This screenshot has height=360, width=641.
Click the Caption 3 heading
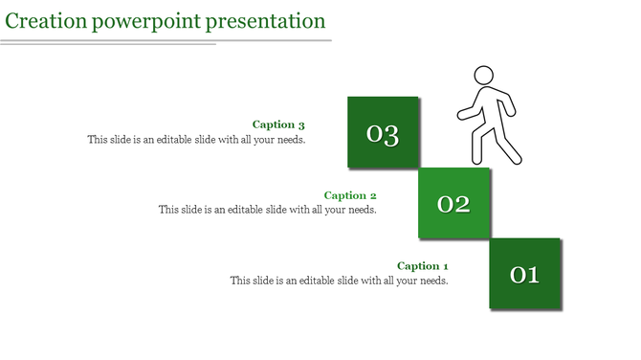(278, 124)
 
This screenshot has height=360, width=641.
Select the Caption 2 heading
(350, 195)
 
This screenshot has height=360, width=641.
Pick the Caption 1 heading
(422, 266)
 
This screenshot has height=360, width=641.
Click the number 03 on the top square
(383, 134)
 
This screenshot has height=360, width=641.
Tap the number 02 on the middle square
(453, 204)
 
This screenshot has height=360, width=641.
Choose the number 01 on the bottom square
(525, 275)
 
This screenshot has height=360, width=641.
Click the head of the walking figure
(484, 76)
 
